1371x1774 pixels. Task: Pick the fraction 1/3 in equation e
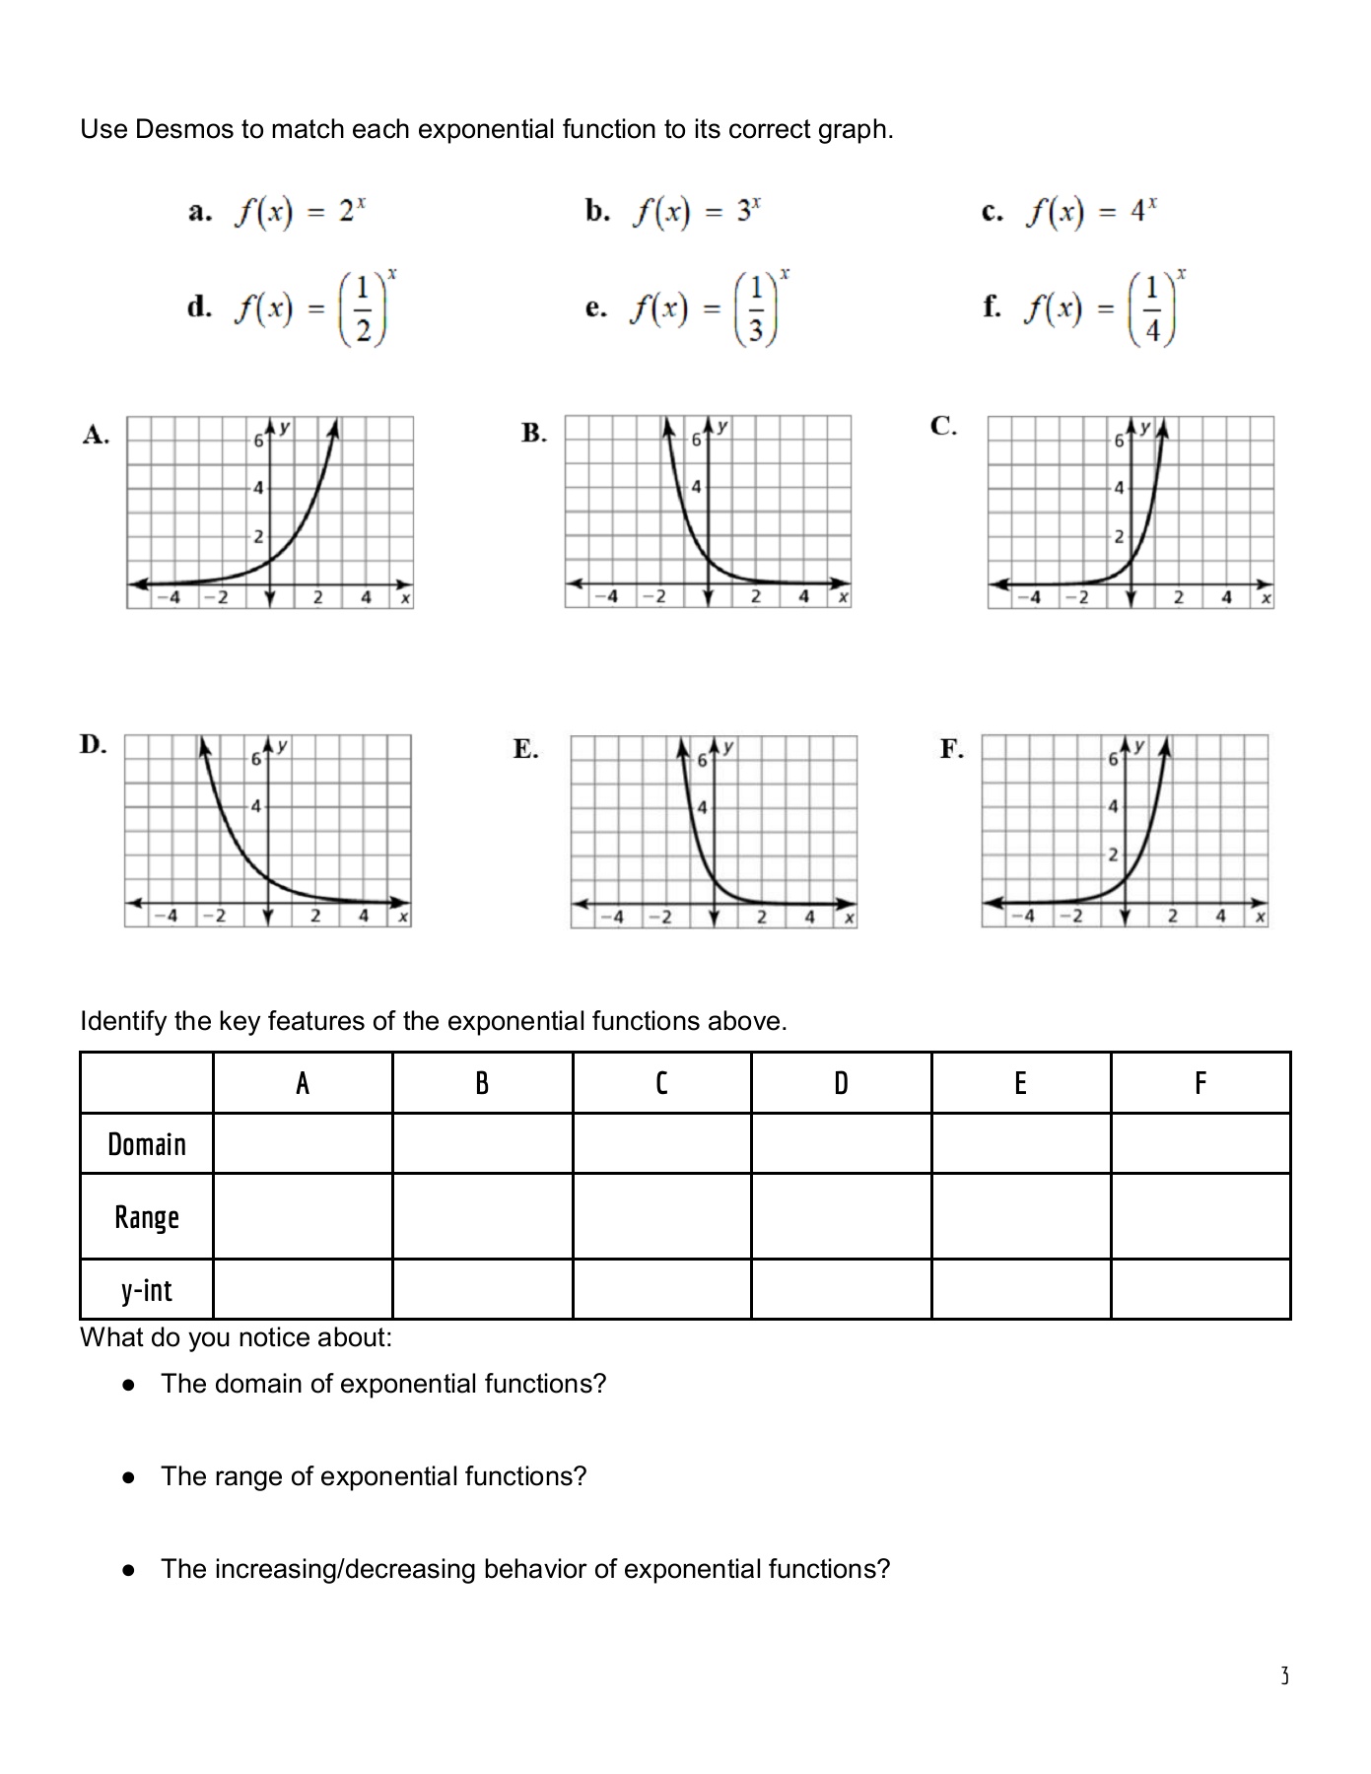(755, 308)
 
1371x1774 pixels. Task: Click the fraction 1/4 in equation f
(1152, 308)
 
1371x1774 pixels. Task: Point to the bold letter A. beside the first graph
(95, 435)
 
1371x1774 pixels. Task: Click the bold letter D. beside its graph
(93, 744)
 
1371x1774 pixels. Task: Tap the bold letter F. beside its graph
(952, 749)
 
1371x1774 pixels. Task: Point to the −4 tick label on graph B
(609, 596)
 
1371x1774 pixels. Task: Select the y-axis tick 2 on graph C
(1119, 537)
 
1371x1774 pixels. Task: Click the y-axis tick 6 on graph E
(702, 761)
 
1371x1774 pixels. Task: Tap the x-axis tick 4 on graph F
(1220, 916)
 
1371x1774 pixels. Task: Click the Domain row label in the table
(147, 1144)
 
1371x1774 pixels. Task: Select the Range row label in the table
(147, 1217)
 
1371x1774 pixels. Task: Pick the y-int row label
(147, 1290)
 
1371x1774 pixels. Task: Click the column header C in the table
(661, 1084)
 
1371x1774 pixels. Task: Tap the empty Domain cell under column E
(1020, 1144)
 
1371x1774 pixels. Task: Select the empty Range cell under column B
(482, 1217)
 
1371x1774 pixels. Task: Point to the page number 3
(1284, 1675)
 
